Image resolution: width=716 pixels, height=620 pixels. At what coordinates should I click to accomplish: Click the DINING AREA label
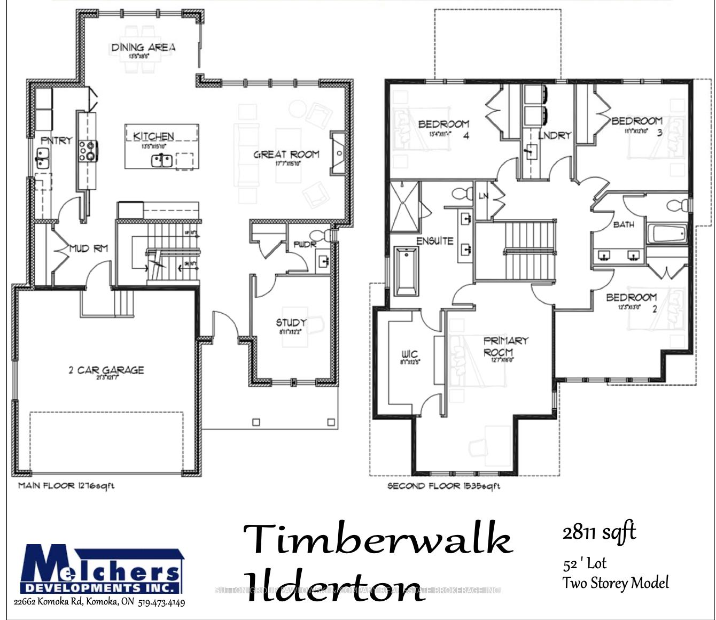tap(143, 47)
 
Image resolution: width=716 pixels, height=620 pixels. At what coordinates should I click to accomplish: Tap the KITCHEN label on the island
tap(153, 136)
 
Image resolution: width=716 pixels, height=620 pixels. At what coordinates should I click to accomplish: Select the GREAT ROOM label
tap(286, 154)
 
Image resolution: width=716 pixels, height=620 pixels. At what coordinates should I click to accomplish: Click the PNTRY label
tap(56, 141)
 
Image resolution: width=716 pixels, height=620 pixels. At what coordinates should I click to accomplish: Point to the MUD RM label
tap(89, 248)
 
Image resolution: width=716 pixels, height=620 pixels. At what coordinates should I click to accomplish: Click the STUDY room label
tap(291, 322)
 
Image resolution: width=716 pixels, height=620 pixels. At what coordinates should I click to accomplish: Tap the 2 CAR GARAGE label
tap(106, 370)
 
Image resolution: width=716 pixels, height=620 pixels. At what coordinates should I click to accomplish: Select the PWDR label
tap(305, 244)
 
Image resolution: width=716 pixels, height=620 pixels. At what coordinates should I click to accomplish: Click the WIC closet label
tap(409, 354)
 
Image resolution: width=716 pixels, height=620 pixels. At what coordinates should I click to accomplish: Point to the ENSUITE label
tap(435, 241)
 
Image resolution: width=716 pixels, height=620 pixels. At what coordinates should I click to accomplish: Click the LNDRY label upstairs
tap(555, 135)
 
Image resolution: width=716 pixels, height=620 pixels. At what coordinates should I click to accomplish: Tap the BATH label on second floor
tap(624, 224)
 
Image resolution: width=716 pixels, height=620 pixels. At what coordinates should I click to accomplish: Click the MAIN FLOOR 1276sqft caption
tap(66, 486)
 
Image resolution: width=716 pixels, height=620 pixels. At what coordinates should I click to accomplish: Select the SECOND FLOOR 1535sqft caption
tap(443, 486)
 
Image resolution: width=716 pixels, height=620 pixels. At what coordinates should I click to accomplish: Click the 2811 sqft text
tap(599, 532)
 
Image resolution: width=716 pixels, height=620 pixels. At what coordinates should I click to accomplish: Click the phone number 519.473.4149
tap(161, 603)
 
